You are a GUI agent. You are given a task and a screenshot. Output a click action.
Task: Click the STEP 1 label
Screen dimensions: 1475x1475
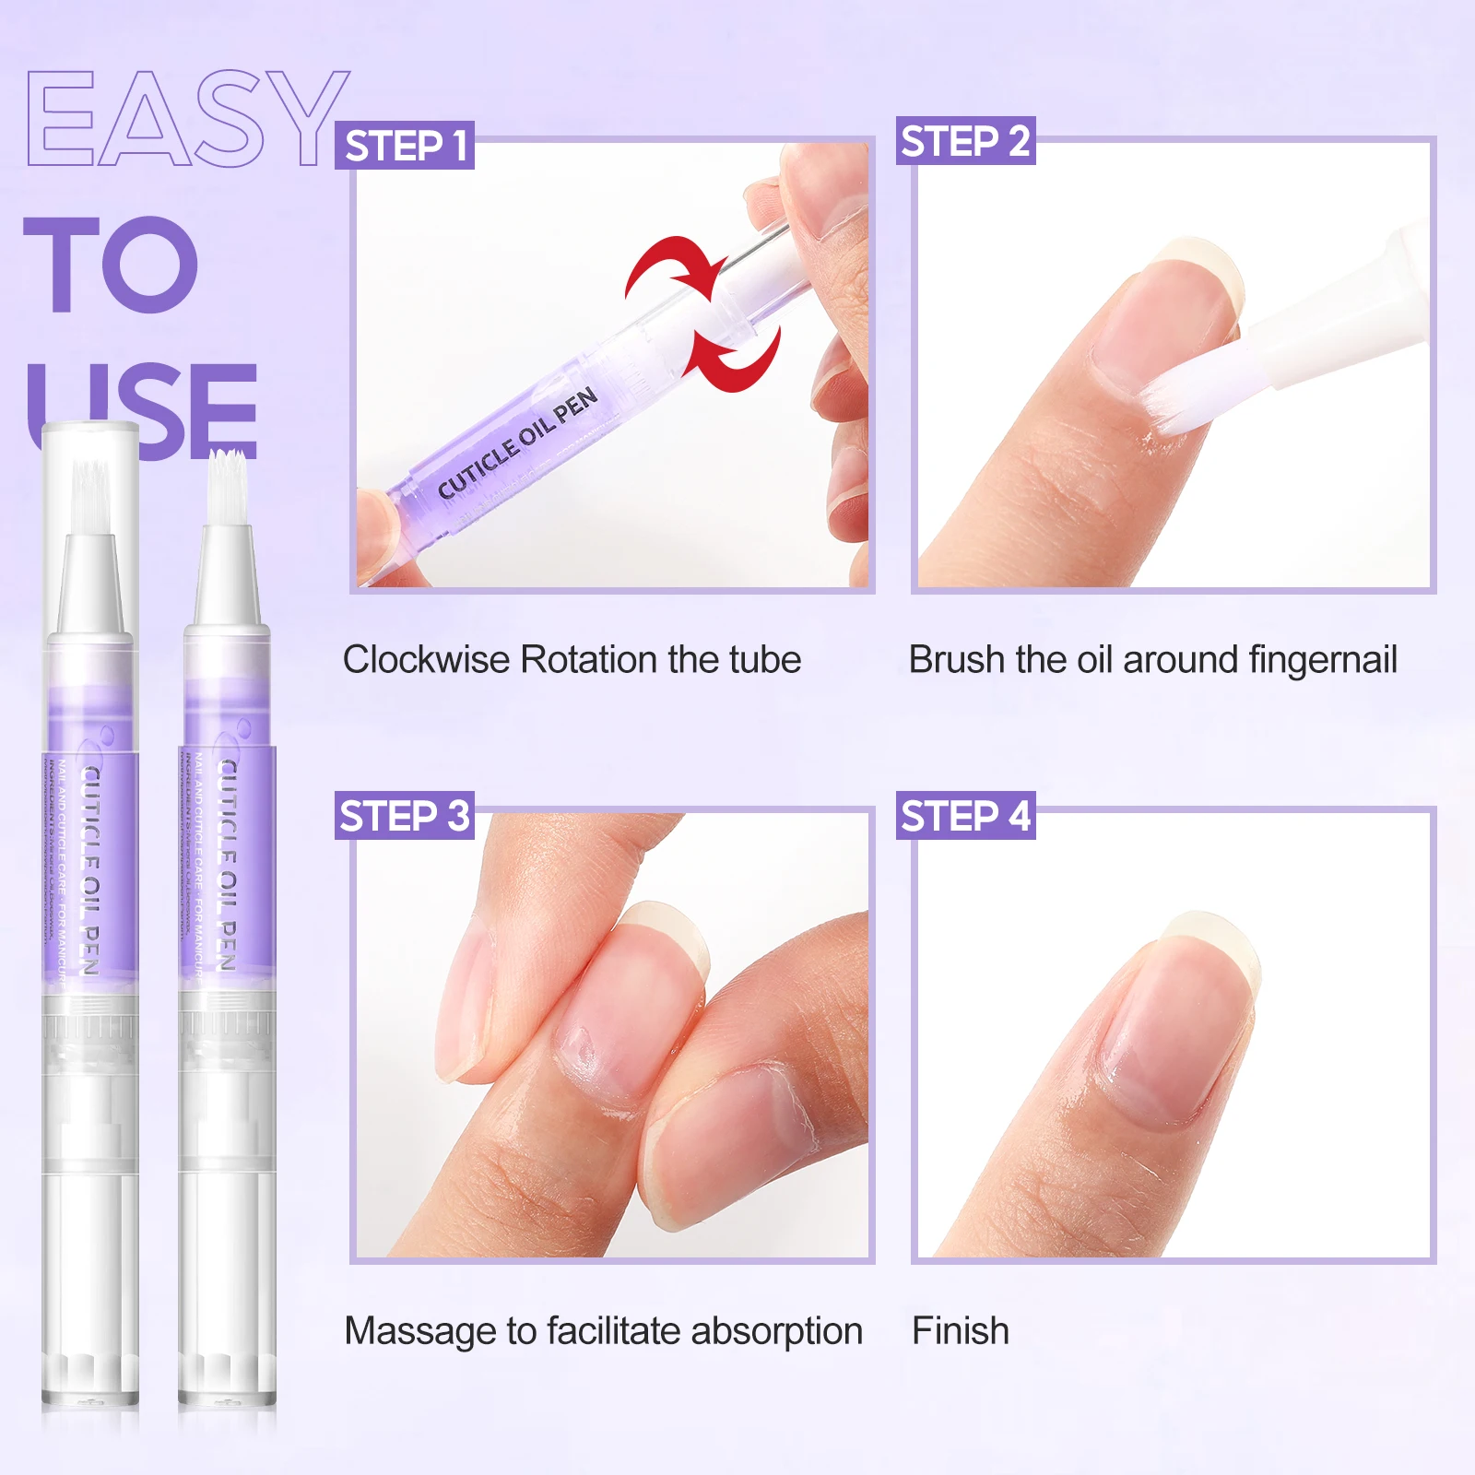(405, 146)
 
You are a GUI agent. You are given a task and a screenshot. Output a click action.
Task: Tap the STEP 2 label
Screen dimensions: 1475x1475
(965, 141)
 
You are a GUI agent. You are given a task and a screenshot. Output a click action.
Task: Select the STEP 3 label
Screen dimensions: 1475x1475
(405, 816)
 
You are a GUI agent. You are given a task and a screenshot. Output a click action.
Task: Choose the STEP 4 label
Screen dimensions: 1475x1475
(965, 816)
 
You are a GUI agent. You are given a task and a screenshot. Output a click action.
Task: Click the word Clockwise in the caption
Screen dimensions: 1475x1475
(425, 660)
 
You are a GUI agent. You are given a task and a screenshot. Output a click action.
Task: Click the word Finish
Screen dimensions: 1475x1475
(960, 1331)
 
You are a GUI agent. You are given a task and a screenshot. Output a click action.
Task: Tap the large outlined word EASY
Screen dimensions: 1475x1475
(187, 120)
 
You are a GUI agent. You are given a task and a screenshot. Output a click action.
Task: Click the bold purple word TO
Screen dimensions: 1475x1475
(111, 265)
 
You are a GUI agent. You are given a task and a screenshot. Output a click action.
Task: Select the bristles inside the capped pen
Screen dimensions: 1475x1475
(89, 493)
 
